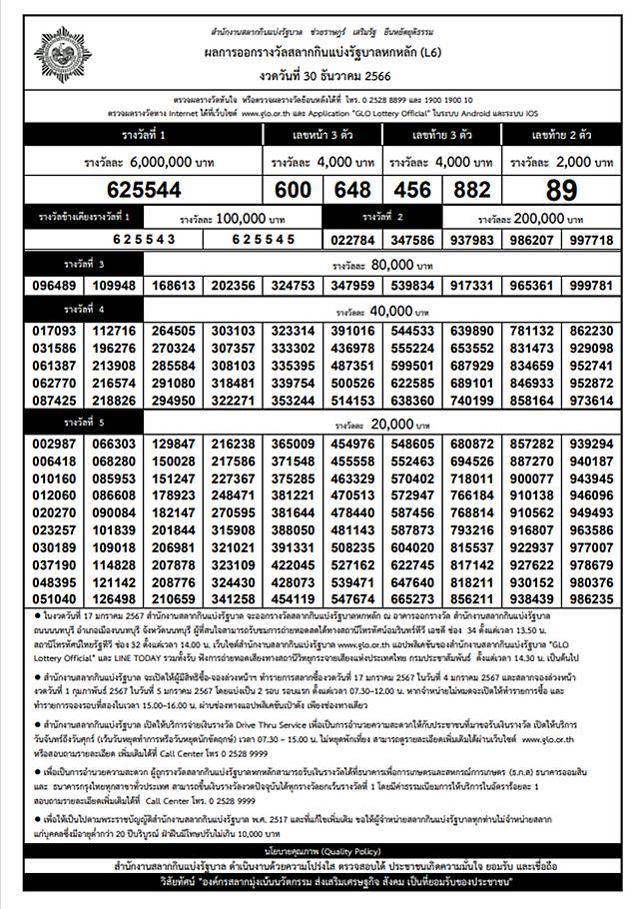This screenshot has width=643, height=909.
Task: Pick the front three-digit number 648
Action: pos(351,190)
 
